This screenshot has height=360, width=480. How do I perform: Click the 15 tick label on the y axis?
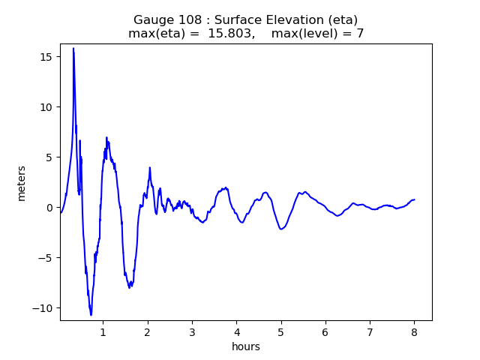[x=45, y=57]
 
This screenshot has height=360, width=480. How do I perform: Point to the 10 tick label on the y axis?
[x=45, y=107]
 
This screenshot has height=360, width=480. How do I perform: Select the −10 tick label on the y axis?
[x=42, y=308]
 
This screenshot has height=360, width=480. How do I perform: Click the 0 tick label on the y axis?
[x=48, y=208]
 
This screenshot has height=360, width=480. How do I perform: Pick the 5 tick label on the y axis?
[x=48, y=157]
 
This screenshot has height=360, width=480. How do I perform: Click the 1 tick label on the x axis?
[x=103, y=331]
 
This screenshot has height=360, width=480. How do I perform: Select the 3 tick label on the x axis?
[x=192, y=331]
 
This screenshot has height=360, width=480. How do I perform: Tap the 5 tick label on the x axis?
[x=280, y=331]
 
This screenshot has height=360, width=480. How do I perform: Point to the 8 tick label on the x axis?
[x=414, y=331]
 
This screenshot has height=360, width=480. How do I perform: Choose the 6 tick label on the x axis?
[x=325, y=331]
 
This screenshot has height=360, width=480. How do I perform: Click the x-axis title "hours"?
[x=246, y=346]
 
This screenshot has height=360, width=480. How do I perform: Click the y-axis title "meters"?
[x=22, y=183]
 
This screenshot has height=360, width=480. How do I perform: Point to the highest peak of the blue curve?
[x=73, y=48]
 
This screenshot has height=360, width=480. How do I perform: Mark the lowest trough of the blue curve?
[x=91, y=315]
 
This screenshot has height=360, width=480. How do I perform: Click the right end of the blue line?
[x=414, y=199]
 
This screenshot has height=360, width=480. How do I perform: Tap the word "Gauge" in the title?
[x=152, y=19]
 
